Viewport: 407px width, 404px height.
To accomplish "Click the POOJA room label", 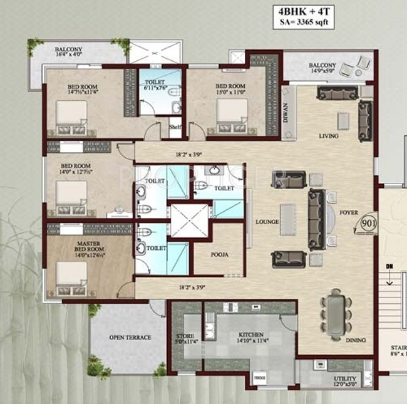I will tap(219, 255).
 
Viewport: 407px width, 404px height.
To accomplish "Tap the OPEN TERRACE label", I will tap(130, 338).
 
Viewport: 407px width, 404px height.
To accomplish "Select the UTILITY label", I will tap(344, 379).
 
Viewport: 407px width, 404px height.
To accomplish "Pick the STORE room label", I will tap(186, 336).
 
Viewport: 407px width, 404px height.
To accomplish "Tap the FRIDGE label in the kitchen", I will tap(260, 379).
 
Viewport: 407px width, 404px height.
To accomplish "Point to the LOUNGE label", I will tap(266, 222).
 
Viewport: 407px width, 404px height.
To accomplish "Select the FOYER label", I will tap(349, 212).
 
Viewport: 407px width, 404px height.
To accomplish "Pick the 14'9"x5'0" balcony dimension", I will tap(322, 72).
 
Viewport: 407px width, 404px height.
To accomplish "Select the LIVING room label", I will tap(328, 136).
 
